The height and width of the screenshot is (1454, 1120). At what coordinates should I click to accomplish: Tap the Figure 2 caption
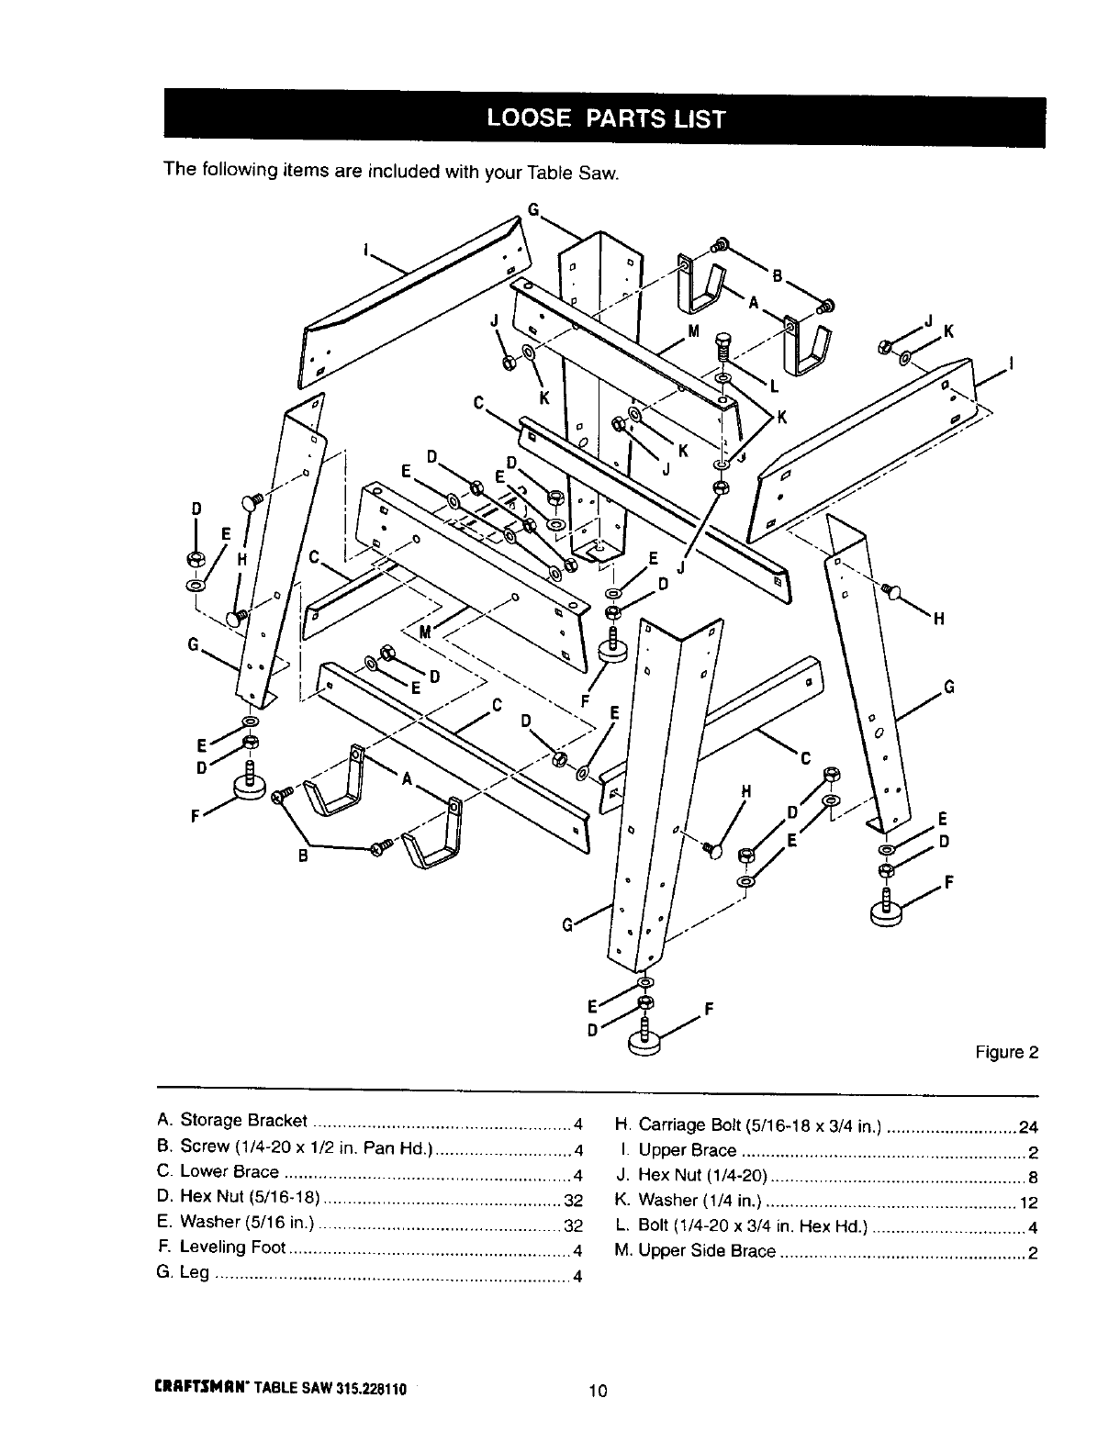(x=1006, y=1052)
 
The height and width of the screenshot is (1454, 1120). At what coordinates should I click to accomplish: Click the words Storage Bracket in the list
(x=243, y=1120)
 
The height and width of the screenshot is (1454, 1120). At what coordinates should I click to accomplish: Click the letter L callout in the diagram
(x=774, y=386)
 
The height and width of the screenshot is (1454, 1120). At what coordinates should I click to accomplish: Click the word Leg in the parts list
(x=194, y=1272)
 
